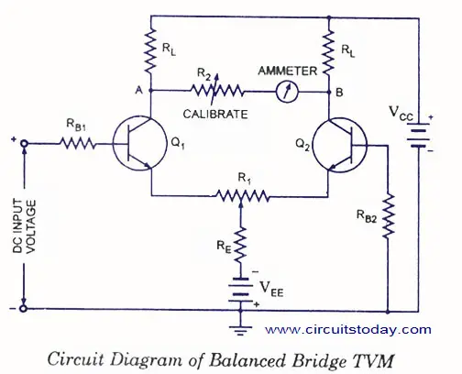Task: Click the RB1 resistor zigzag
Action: (78, 143)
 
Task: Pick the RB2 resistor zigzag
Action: (388, 216)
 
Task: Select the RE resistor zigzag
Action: (241, 246)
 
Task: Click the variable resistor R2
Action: (216, 91)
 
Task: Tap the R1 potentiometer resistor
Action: (242, 196)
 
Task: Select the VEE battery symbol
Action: (240, 290)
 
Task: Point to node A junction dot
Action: (150, 91)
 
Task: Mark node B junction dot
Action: (329, 92)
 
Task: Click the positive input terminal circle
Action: (24, 143)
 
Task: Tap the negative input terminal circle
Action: (23, 309)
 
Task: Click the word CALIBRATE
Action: (215, 115)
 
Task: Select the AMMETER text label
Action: (288, 71)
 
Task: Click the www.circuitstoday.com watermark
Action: (348, 330)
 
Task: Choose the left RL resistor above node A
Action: (150, 51)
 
